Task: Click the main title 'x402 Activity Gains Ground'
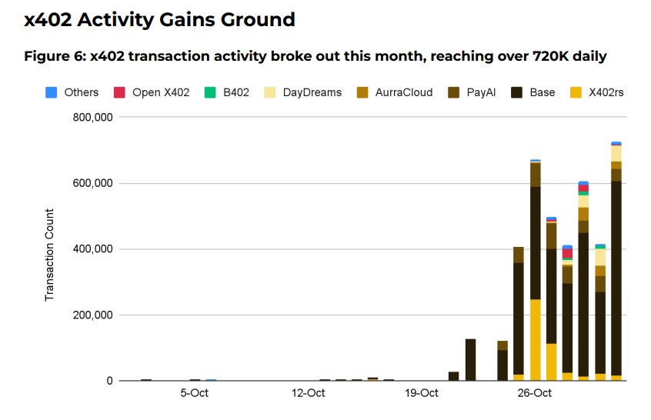click(x=159, y=20)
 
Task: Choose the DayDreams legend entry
click(x=312, y=92)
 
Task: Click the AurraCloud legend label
click(x=404, y=92)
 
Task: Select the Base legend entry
click(x=542, y=92)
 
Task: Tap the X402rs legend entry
click(x=606, y=92)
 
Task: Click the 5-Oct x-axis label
click(x=194, y=394)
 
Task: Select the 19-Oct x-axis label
click(x=421, y=394)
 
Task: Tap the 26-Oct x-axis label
click(x=534, y=394)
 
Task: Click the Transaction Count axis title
click(x=50, y=255)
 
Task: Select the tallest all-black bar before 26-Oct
click(x=470, y=360)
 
